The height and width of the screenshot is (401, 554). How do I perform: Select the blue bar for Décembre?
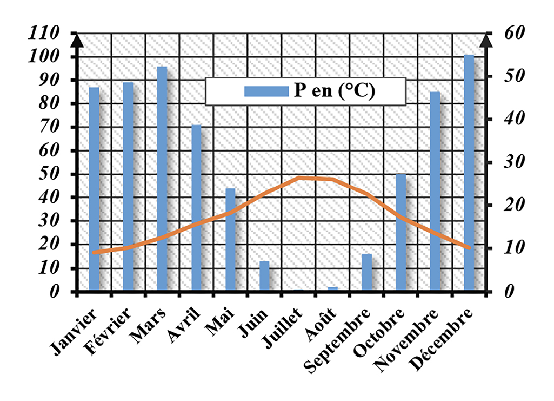click(469, 173)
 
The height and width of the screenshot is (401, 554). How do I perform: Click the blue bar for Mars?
click(162, 179)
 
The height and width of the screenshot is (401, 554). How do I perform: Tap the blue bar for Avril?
click(196, 208)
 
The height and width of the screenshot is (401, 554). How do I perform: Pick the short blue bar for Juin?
click(264, 277)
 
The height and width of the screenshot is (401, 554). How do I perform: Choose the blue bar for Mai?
click(230, 240)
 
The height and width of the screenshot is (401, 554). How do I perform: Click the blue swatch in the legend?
click(266, 91)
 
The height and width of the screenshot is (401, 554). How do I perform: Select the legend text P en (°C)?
click(334, 91)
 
